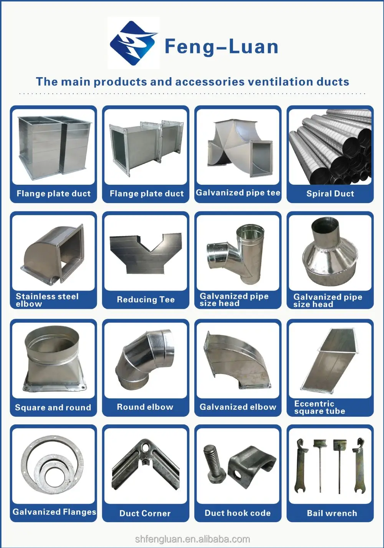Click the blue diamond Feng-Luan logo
point(133,43)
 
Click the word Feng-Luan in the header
point(221,47)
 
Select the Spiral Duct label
point(330,194)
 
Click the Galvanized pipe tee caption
point(238,193)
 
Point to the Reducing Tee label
point(146,300)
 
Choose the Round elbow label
point(145,407)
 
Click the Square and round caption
point(53,407)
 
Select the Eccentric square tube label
point(319,407)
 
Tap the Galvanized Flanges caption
point(54,512)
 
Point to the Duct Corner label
point(145,513)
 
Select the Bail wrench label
point(332,513)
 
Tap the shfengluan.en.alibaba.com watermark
point(192,539)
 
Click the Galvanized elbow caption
point(238,407)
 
